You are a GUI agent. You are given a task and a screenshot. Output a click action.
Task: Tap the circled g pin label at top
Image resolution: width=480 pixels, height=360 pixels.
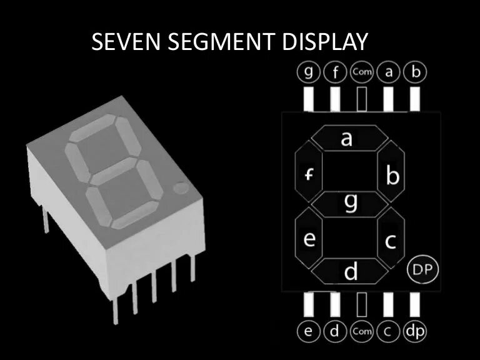point(308,72)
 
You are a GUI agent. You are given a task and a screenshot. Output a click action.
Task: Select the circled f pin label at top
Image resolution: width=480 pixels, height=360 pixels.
point(335,72)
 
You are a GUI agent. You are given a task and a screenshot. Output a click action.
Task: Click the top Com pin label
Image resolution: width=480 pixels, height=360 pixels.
point(362,72)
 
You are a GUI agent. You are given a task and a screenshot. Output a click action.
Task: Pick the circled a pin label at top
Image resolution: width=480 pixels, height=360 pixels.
point(389,72)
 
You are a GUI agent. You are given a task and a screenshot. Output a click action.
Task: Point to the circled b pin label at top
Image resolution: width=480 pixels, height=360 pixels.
point(415,72)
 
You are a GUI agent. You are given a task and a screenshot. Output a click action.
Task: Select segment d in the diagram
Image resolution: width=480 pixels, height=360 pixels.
point(351,271)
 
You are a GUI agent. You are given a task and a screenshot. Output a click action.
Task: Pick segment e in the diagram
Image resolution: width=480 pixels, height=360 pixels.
point(309,238)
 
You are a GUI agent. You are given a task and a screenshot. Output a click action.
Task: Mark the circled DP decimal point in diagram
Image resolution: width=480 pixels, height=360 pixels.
point(423,270)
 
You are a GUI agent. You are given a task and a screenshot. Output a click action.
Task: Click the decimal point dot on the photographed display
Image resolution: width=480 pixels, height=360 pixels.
point(181,186)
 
